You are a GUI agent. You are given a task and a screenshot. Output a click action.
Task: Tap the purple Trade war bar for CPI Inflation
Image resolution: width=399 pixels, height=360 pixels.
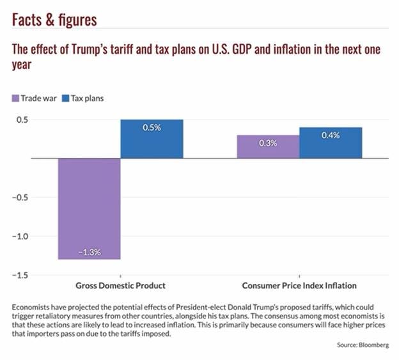[268, 147]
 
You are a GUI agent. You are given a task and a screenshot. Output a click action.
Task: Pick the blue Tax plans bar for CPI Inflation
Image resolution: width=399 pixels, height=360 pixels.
[331, 143]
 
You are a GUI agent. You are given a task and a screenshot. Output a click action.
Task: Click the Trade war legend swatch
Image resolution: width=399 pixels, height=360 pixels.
[15, 98]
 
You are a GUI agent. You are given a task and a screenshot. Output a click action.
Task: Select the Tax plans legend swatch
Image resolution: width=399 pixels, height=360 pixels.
[65, 98]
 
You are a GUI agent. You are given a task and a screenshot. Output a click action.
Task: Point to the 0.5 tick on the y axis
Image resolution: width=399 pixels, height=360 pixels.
[21, 120]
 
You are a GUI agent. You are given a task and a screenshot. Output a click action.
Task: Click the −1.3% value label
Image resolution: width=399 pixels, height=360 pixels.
[90, 252]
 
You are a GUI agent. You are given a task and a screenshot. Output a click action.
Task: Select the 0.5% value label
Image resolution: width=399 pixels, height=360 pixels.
[152, 128]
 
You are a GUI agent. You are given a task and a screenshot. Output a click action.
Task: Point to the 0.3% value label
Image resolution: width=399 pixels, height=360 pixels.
[268, 143]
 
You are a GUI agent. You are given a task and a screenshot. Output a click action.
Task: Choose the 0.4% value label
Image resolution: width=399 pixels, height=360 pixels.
[331, 136]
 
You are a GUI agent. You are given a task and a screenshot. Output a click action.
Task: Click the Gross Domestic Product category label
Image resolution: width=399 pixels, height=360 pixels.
[121, 286]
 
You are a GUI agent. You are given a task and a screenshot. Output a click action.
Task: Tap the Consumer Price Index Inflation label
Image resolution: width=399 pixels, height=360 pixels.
[299, 286]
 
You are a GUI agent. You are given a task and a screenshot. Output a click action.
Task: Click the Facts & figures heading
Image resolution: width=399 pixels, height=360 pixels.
[54, 19]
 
